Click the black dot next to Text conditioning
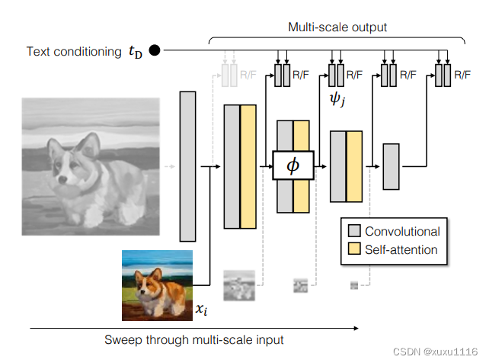155,51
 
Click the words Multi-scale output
337,27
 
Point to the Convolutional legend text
402,231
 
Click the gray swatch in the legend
354,231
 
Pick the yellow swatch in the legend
354,249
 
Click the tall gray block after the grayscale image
187,165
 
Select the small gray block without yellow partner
391,165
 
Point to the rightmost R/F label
462,75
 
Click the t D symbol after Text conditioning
134,52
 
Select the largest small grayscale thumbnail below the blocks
238,286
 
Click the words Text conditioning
73,52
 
